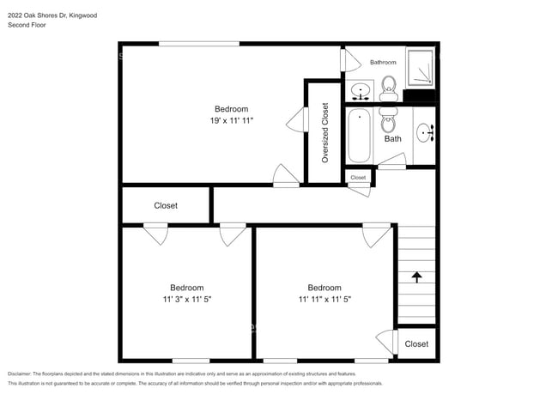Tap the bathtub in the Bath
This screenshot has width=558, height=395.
(360, 137)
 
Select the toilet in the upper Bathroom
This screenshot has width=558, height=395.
(388, 84)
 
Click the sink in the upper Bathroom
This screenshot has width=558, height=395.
(361, 88)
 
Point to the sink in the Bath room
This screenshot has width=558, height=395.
(424, 132)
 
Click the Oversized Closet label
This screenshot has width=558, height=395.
(324, 132)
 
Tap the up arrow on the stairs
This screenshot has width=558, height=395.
(416, 276)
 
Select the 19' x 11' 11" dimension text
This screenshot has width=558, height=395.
(232, 121)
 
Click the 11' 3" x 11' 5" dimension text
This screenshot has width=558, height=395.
(186, 300)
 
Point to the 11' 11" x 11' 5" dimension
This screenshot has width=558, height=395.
(324, 300)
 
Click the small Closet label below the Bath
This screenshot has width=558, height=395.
(358, 178)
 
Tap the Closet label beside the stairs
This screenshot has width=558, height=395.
(416, 344)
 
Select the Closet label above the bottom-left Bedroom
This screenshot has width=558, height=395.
(166, 206)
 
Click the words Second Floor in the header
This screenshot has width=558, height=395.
(27, 25)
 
